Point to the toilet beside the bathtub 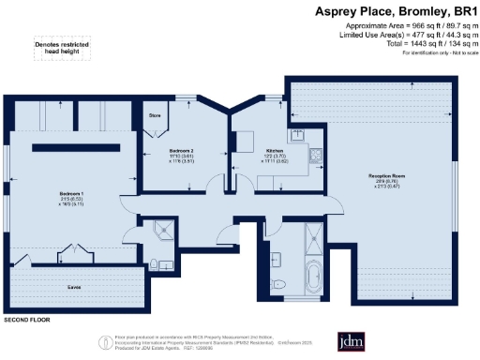pyautogui.click(x=274, y=283)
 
